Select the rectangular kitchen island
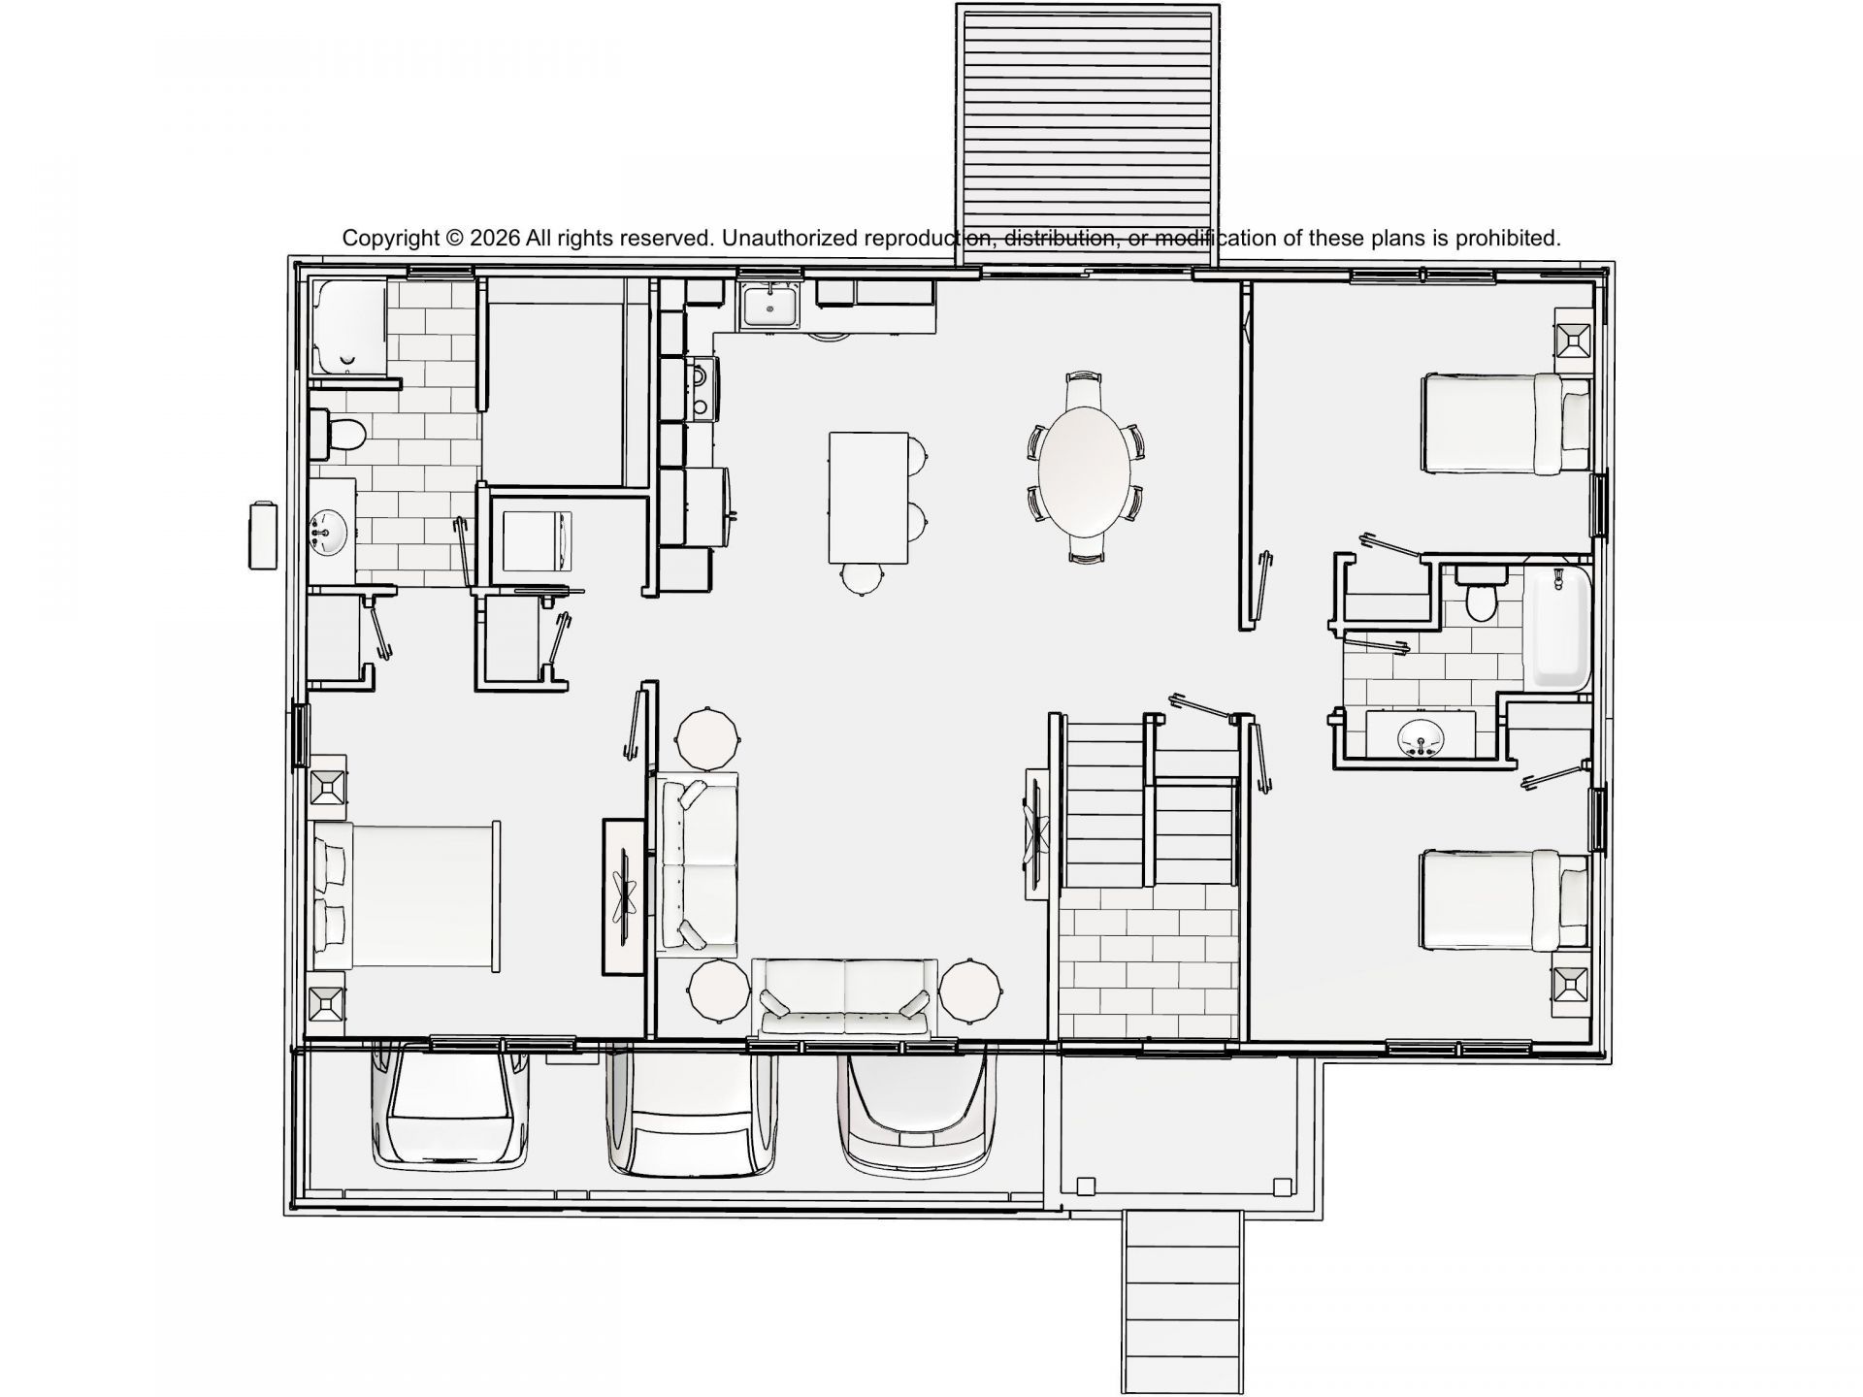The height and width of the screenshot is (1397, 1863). [x=868, y=498]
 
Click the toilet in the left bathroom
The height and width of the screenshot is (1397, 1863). [x=337, y=433]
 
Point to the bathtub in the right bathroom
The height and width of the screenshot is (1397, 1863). [x=1556, y=628]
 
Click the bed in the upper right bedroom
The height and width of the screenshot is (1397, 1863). [x=1504, y=424]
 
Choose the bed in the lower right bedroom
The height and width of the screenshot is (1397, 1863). [x=1504, y=900]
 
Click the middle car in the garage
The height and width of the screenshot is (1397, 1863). [x=692, y=1113]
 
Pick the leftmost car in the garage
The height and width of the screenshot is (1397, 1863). [x=452, y=1106]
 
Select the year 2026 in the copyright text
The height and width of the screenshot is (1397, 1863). [x=495, y=239]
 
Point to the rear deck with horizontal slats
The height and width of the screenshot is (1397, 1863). [x=1087, y=135]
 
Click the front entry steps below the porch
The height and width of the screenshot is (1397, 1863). [x=1183, y=1302]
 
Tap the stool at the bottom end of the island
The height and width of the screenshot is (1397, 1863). [x=862, y=578]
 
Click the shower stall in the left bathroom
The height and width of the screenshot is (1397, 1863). [x=349, y=327]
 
